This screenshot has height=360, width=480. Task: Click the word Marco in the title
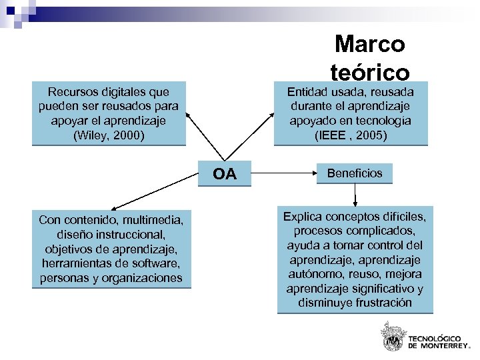click(x=369, y=44)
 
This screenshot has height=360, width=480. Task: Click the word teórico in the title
click(x=369, y=71)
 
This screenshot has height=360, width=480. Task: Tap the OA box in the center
click(x=225, y=175)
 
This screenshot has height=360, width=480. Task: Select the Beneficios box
click(x=355, y=173)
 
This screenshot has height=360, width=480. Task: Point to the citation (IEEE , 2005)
click(x=350, y=135)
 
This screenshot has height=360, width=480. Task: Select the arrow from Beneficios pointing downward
click(x=355, y=195)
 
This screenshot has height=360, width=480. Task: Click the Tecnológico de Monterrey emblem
click(x=391, y=336)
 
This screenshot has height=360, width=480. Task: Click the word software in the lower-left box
click(x=152, y=263)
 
